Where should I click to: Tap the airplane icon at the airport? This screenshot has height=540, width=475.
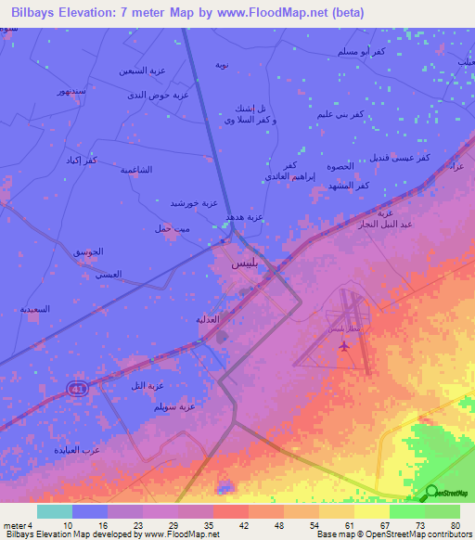(346, 346)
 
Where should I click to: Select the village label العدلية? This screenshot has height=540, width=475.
(206, 319)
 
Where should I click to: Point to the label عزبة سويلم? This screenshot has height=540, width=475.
(174, 406)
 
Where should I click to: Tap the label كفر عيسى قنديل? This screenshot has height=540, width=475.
(396, 159)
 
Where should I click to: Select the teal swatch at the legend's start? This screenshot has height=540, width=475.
(55, 510)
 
